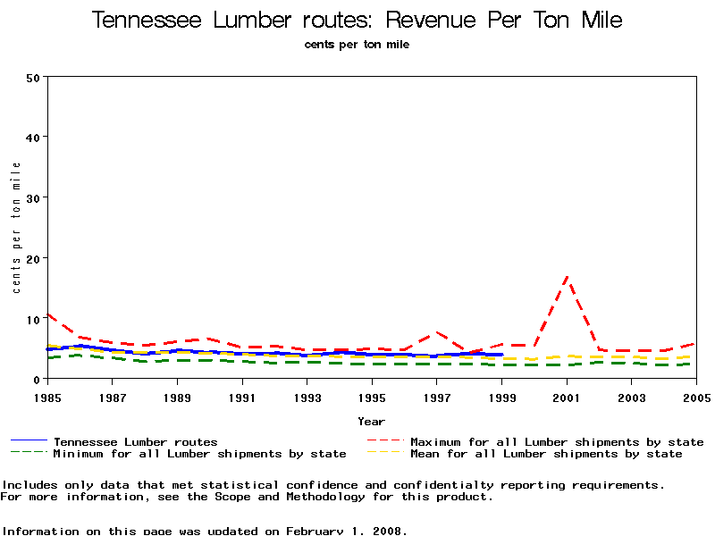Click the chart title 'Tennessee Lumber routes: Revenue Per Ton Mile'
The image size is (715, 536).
pyautogui.click(x=357, y=21)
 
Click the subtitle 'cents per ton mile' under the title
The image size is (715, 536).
pyautogui.click(x=357, y=45)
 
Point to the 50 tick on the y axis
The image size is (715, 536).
pyautogui.click(x=34, y=77)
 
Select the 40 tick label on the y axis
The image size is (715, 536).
pyautogui.click(x=34, y=138)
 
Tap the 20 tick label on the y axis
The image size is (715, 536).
pyautogui.click(x=34, y=258)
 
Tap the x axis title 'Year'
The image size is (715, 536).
pyautogui.click(x=371, y=422)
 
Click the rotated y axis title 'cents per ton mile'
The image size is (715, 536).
pyautogui.click(x=16, y=228)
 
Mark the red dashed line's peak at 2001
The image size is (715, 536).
pyautogui.click(x=567, y=278)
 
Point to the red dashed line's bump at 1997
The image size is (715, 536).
pyautogui.click(x=436, y=332)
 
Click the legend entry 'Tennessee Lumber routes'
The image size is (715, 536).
pyautogui.click(x=135, y=442)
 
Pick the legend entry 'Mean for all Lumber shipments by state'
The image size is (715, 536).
pyautogui.click(x=546, y=454)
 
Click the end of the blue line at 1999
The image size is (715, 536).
pyautogui.click(x=502, y=355)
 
